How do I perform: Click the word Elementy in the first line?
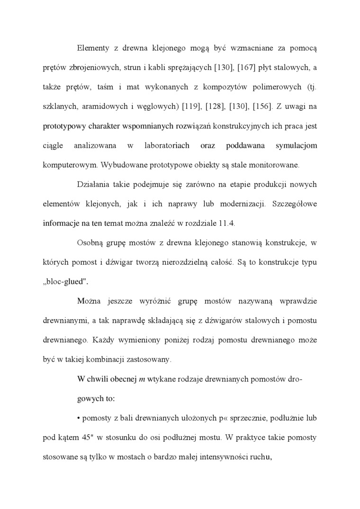pyautogui.click(x=92, y=47)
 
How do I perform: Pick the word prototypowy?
pyautogui.click(x=63, y=126)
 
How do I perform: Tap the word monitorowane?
pyautogui.click(x=270, y=165)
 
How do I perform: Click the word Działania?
pyautogui.click(x=93, y=184)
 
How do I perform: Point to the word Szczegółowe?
pyautogui.click(x=294, y=204)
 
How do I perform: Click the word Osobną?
pyautogui.click(x=90, y=243)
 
